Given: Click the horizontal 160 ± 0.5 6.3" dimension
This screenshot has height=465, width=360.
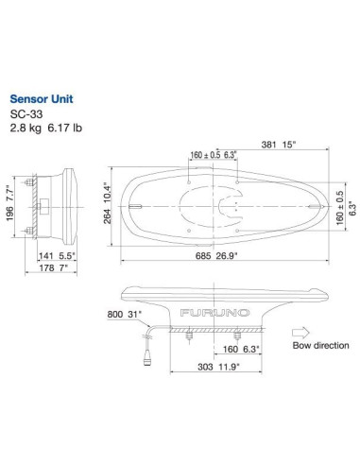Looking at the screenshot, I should [205, 155].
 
